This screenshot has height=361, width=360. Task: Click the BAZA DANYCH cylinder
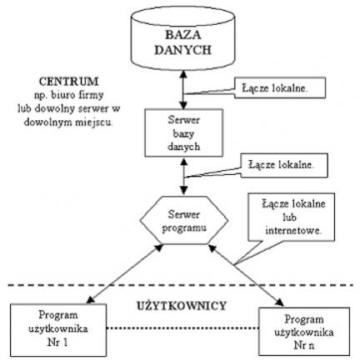[x=183, y=38]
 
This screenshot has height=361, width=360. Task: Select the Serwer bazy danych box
[x=184, y=133]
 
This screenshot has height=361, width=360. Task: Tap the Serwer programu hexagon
[x=184, y=220]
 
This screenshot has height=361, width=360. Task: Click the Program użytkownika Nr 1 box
[x=58, y=330]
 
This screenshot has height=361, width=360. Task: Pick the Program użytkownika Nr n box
[x=304, y=332]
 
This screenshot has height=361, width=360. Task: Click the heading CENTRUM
[x=69, y=82]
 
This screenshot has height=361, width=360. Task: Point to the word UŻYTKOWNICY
[x=182, y=306]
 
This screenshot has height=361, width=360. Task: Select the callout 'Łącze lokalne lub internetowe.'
[x=292, y=218]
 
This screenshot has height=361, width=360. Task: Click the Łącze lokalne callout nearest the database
[x=280, y=88]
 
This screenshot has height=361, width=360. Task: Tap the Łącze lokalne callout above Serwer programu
[x=284, y=166]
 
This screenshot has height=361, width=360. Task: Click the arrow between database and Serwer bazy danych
[x=183, y=89]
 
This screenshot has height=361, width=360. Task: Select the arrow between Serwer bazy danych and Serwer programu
[x=183, y=177]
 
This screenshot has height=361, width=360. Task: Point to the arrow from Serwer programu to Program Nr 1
[x=125, y=274]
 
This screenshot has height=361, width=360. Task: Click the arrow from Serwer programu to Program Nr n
[x=246, y=275]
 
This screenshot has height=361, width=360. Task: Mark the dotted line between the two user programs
[x=182, y=328]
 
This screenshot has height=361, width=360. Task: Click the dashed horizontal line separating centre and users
[x=181, y=285]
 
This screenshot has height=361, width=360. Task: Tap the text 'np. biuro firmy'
[x=69, y=95]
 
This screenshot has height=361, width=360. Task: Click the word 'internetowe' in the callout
[x=292, y=231]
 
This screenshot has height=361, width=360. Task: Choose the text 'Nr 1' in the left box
[x=57, y=343]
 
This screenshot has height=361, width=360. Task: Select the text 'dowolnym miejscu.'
[x=68, y=122]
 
